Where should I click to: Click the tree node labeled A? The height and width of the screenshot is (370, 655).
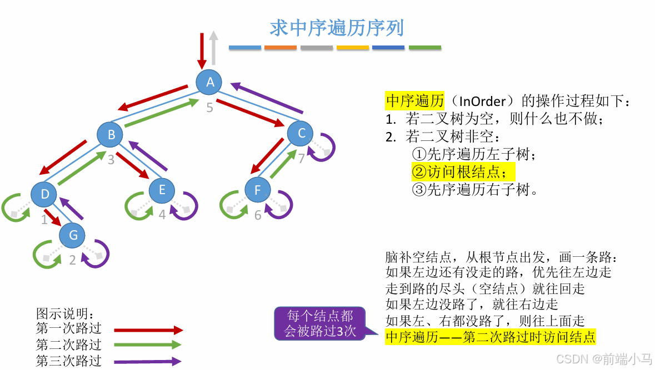click(209, 82)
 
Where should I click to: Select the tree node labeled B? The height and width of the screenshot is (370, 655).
click(111, 134)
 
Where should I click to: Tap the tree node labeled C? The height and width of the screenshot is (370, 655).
click(301, 133)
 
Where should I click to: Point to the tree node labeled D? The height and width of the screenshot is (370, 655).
click(45, 194)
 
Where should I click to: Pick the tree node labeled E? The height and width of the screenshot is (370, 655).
click(162, 190)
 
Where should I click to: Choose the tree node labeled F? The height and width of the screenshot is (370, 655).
click(257, 190)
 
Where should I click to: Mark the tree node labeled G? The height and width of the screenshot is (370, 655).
click(73, 236)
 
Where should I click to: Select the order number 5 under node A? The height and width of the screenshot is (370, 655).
click(209, 108)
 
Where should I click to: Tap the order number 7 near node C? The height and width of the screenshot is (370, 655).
click(301, 159)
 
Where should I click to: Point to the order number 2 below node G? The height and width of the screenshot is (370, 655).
click(72, 260)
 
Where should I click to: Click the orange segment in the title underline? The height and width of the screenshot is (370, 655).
click(281, 48)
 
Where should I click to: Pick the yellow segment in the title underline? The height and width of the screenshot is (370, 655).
click(353, 48)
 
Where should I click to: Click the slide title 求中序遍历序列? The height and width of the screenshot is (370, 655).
click(337, 28)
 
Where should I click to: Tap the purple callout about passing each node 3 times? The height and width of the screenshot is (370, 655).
click(319, 323)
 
